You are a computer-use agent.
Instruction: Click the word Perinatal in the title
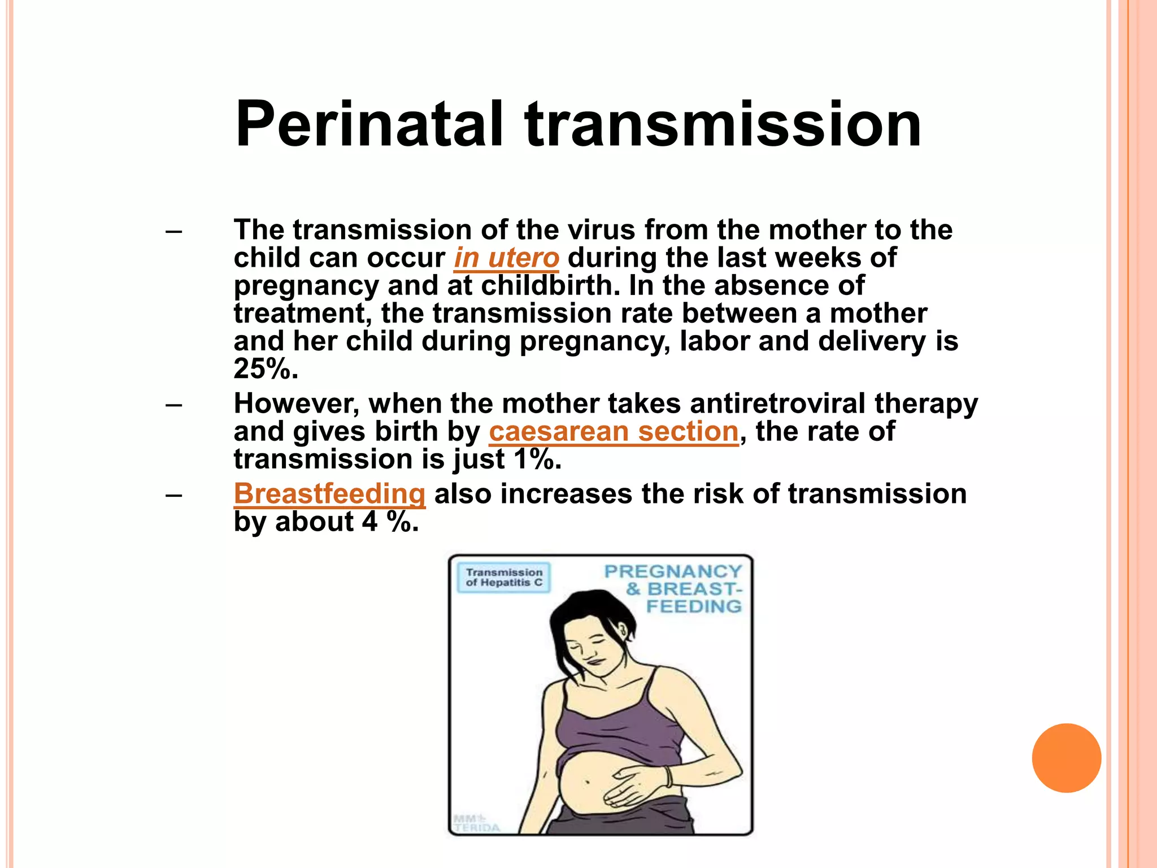point(368,124)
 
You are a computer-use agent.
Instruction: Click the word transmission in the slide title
point(723,124)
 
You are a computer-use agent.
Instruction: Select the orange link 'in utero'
point(506,258)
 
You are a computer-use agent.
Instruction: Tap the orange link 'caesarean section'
point(614,432)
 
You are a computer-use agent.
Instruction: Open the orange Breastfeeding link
point(329,494)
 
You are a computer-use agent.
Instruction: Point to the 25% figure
point(264,369)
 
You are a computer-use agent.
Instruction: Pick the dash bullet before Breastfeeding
point(174,495)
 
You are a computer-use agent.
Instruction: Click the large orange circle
point(1066,758)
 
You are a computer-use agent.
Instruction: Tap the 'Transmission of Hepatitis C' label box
point(503,578)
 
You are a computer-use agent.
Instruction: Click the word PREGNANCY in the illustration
point(672,572)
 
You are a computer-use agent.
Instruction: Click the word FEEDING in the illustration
point(694,607)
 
